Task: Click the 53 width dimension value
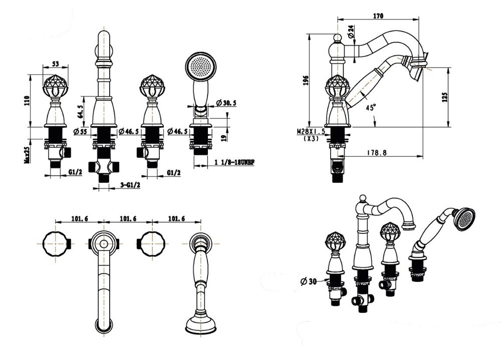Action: click(x=56, y=64)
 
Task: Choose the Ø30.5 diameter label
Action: click(x=226, y=103)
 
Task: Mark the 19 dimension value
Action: click(x=224, y=137)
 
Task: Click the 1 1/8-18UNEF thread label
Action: click(x=234, y=162)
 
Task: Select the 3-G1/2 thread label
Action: click(x=130, y=185)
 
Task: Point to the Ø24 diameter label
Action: click(x=351, y=32)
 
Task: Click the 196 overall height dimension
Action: click(x=306, y=81)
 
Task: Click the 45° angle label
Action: click(x=371, y=107)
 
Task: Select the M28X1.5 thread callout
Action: click(x=311, y=131)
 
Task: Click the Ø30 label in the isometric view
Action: click(x=309, y=281)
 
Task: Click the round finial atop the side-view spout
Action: click(x=337, y=39)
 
